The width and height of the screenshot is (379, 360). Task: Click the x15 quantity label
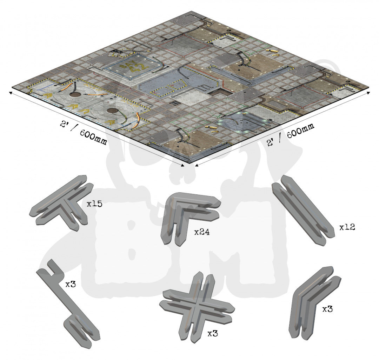(x=94, y=204)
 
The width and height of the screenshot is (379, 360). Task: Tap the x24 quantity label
(x=202, y=232)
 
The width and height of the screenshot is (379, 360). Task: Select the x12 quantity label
(x=347, y=227)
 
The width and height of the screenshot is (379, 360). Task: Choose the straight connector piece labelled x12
(x=303, y=210)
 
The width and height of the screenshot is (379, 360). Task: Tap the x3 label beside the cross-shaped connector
(x=213, y=333)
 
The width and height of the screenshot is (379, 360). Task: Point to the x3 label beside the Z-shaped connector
(x=71, y=284)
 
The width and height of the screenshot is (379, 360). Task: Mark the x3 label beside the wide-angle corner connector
(x=327, y=309)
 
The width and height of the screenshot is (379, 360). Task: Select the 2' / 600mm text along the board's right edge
(x=291, y=134)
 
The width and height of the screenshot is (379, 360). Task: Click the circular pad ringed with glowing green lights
(x=238, y=122)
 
